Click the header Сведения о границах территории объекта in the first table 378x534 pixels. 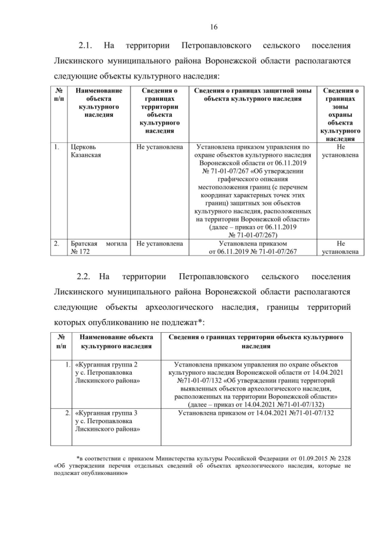(159, 111)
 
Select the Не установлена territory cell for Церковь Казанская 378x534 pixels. (159, 146)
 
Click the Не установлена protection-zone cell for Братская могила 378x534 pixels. (340, 247)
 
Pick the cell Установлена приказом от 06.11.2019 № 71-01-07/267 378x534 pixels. (252, 247)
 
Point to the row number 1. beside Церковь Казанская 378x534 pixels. (57, 146)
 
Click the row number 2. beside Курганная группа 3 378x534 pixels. (67, 413)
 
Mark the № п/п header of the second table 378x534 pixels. (61, 341)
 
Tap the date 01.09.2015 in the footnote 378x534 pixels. (299, 457)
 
